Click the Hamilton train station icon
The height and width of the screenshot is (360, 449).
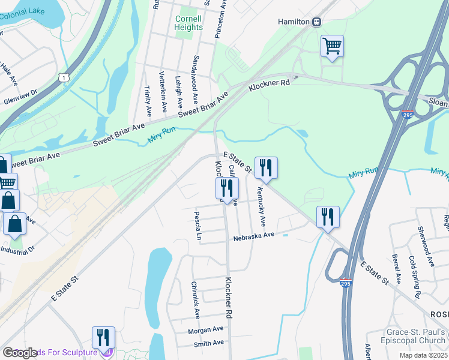[316, 22]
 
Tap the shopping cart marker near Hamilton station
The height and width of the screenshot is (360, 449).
[332, 46]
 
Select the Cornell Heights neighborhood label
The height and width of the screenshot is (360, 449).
[188, 23]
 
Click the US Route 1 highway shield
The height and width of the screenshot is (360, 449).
[63, 77]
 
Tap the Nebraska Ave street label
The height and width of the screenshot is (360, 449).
[254, 235]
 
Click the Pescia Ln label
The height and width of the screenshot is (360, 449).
[197, 226]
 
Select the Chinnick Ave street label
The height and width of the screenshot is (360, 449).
[195, 300]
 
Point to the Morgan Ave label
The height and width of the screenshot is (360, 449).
[205, 329]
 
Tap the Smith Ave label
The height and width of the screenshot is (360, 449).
[208, 343]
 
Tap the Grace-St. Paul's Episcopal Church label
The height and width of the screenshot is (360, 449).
[408, 337]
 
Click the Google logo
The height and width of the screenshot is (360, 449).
[20, 353]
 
